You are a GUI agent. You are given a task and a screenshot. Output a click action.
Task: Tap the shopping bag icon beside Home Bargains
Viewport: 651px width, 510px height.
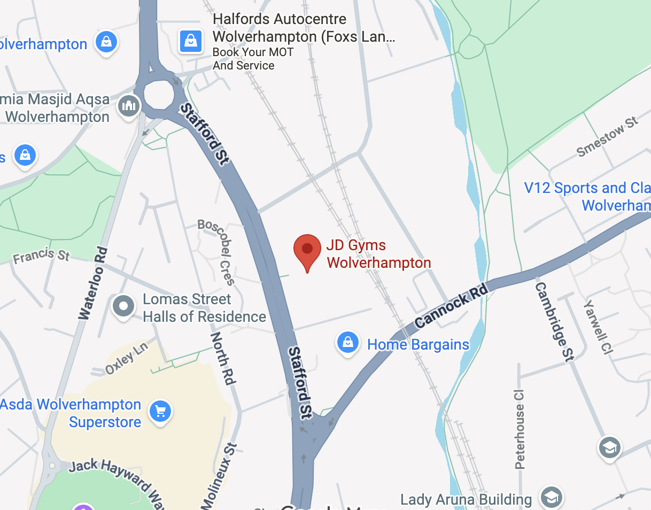348,341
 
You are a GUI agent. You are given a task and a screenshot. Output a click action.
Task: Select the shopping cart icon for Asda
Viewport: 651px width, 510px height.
160,411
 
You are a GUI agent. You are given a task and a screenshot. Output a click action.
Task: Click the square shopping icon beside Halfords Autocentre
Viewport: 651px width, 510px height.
191,41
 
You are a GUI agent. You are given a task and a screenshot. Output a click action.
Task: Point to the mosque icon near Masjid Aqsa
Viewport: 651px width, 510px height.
129,106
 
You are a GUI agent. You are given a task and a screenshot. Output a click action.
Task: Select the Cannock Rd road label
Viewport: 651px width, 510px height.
452,306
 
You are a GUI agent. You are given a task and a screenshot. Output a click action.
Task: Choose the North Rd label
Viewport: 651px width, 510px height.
223,358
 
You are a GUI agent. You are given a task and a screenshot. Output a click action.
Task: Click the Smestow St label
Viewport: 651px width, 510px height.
608,137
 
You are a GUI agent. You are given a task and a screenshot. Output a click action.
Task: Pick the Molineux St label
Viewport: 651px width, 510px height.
218,476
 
